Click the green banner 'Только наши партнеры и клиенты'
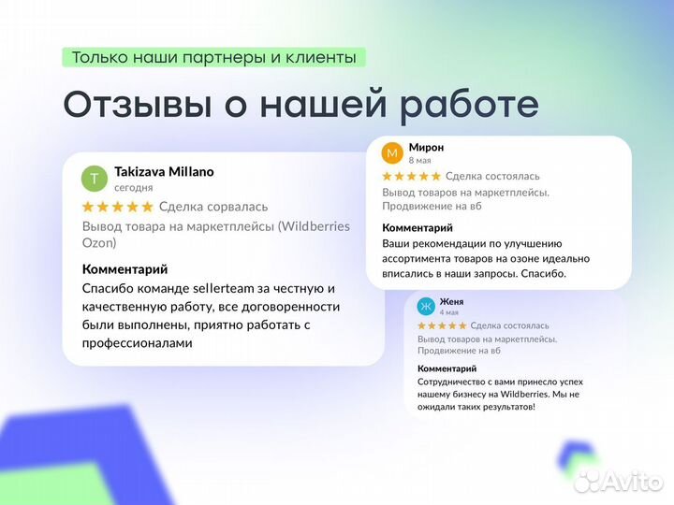click(x=213, y=57)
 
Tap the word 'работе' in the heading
click(x=468, y=105)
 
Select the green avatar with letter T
click(x=95, y=179)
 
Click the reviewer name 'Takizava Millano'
click(x=164, y=172)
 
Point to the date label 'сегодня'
click(x=133, y=187)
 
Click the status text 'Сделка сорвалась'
click(x=213, y=207)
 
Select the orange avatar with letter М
click(x=393, y=152)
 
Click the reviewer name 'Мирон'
click(x=426, y=148)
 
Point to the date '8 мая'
click(x=419, y=161)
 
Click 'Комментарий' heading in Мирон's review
click(x=418, y=227)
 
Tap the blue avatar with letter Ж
click(x=426, y=307)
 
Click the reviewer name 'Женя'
click(x=451, y=302)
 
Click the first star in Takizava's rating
click(x=89, y=207)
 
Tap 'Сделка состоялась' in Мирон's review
click(x=492, y=176)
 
